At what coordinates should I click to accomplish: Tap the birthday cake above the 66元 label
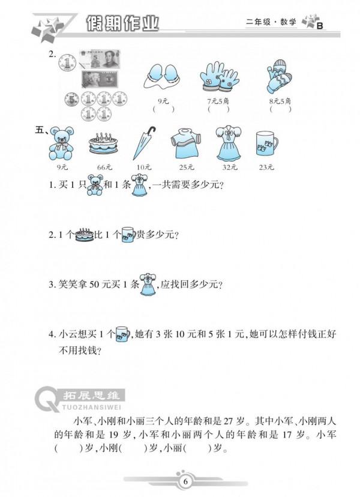103,146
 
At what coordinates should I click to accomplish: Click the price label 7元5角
218,100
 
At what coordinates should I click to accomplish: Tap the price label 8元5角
280,100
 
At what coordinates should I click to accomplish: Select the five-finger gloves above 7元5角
218,76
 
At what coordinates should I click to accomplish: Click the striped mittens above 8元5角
279,76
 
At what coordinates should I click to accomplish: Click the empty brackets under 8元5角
280,110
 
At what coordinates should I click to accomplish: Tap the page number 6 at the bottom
185,481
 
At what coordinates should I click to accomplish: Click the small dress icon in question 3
148,285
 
